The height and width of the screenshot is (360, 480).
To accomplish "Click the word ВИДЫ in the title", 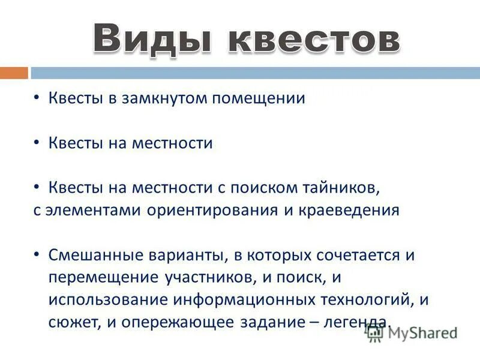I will click(154, 39).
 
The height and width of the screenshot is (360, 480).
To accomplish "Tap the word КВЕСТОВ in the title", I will click(314, 39).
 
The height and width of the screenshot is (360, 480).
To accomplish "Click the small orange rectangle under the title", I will click(14, 73).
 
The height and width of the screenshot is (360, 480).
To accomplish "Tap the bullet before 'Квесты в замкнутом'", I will click(37, 98).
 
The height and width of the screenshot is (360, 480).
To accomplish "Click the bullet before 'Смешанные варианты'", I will click(37, 254).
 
